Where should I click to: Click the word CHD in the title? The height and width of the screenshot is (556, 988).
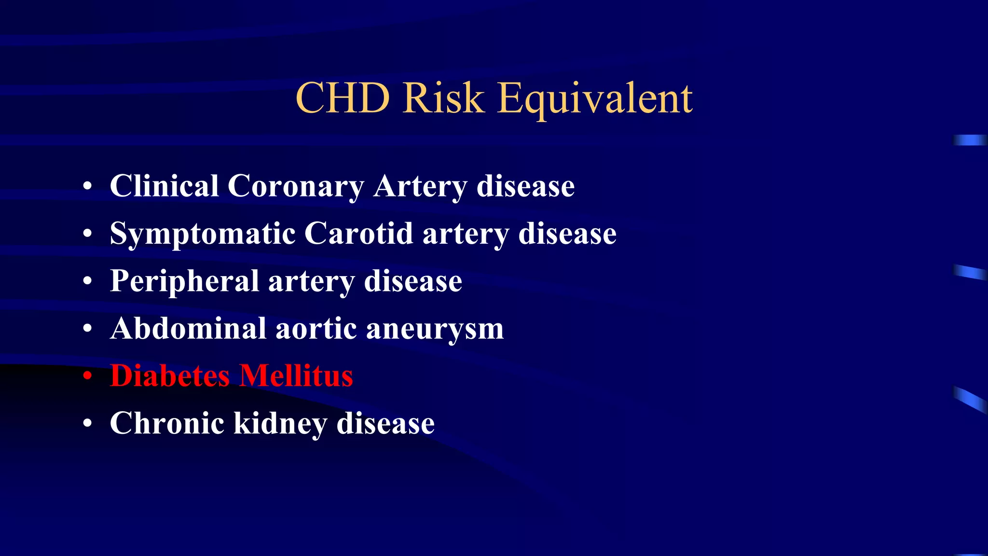pyautogui.click(x=343, y=98)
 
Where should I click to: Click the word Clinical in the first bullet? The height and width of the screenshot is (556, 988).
pyautogui.click(x=164, y=186)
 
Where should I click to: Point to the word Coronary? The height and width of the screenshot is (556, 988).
pyautogui.click(x=296, y=187)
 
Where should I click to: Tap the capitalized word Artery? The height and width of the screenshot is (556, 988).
pyautogui.click(x=420, y=187)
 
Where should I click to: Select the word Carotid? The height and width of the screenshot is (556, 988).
pyautogui.click(x=359, y=234)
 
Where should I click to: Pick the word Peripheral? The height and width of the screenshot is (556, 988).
pyautogui.click(x=185, y=281)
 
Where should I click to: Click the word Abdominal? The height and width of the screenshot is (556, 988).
pyautogui.click(x=188, y=329)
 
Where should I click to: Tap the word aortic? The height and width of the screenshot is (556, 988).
pyautogui.click(x=316, y=329)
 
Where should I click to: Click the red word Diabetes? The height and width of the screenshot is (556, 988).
pyautogui.click(x=170, y=375)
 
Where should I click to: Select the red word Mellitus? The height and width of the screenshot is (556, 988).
pyautogui.click(x=296, y=375)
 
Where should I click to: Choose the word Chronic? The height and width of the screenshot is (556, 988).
pyautogui.click(x=167, y=423)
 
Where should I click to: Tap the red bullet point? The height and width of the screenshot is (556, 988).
pyautogui.click(x=87, y=376)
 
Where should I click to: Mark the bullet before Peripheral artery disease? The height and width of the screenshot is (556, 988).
pyautogui.click(x=87, y=281)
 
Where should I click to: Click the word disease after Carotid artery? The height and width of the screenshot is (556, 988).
pyautogui.click(x=567, y=234)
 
